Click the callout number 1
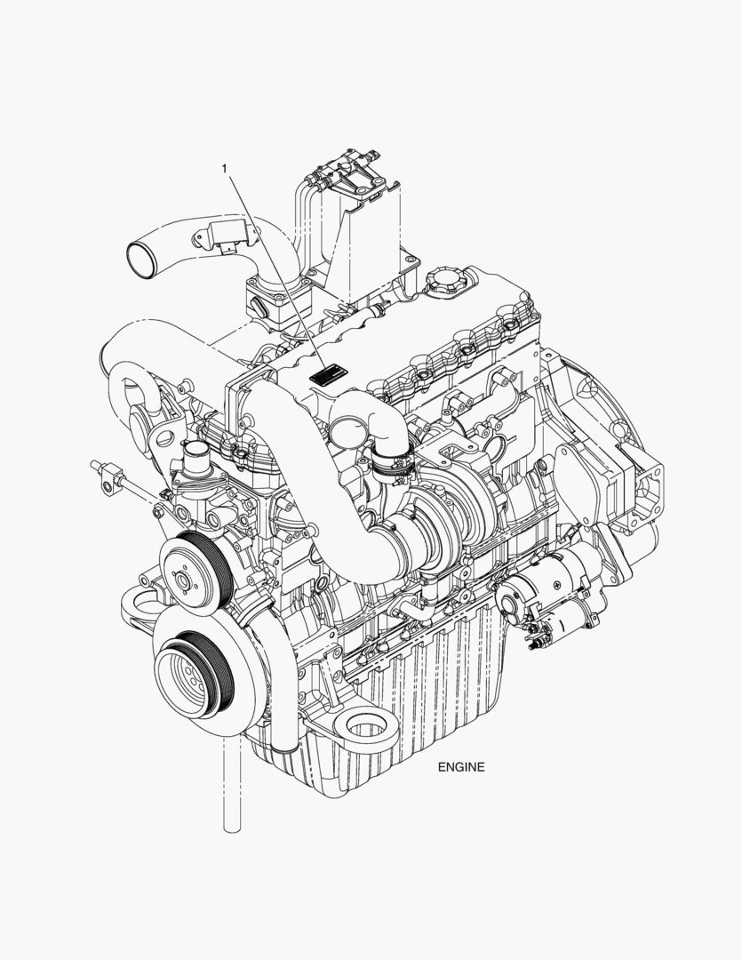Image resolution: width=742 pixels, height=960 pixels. point(225,168)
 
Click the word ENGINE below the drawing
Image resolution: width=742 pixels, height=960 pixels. point(461,766)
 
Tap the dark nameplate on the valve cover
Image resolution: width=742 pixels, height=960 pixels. point(328,374)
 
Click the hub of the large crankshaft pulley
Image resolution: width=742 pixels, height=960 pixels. point(187,677)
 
